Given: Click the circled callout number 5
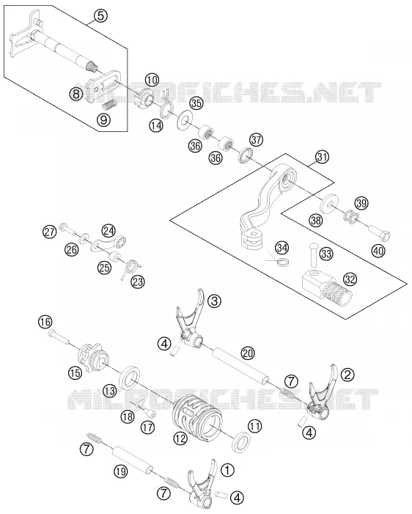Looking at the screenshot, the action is (100, 15).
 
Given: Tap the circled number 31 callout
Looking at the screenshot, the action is (322, 157).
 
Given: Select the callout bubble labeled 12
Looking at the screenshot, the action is (180, 438).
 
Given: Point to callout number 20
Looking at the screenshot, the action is (248, 353).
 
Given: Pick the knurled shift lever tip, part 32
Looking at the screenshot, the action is (328, 287).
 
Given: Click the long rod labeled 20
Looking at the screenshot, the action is (242, 366).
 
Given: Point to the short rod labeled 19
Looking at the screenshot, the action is (132, 458).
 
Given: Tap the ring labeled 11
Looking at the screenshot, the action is (242, 442).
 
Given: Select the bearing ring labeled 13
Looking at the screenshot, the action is (131, 378).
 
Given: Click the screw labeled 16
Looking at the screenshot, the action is (59, 337).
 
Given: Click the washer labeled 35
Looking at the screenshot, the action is (185, 120).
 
